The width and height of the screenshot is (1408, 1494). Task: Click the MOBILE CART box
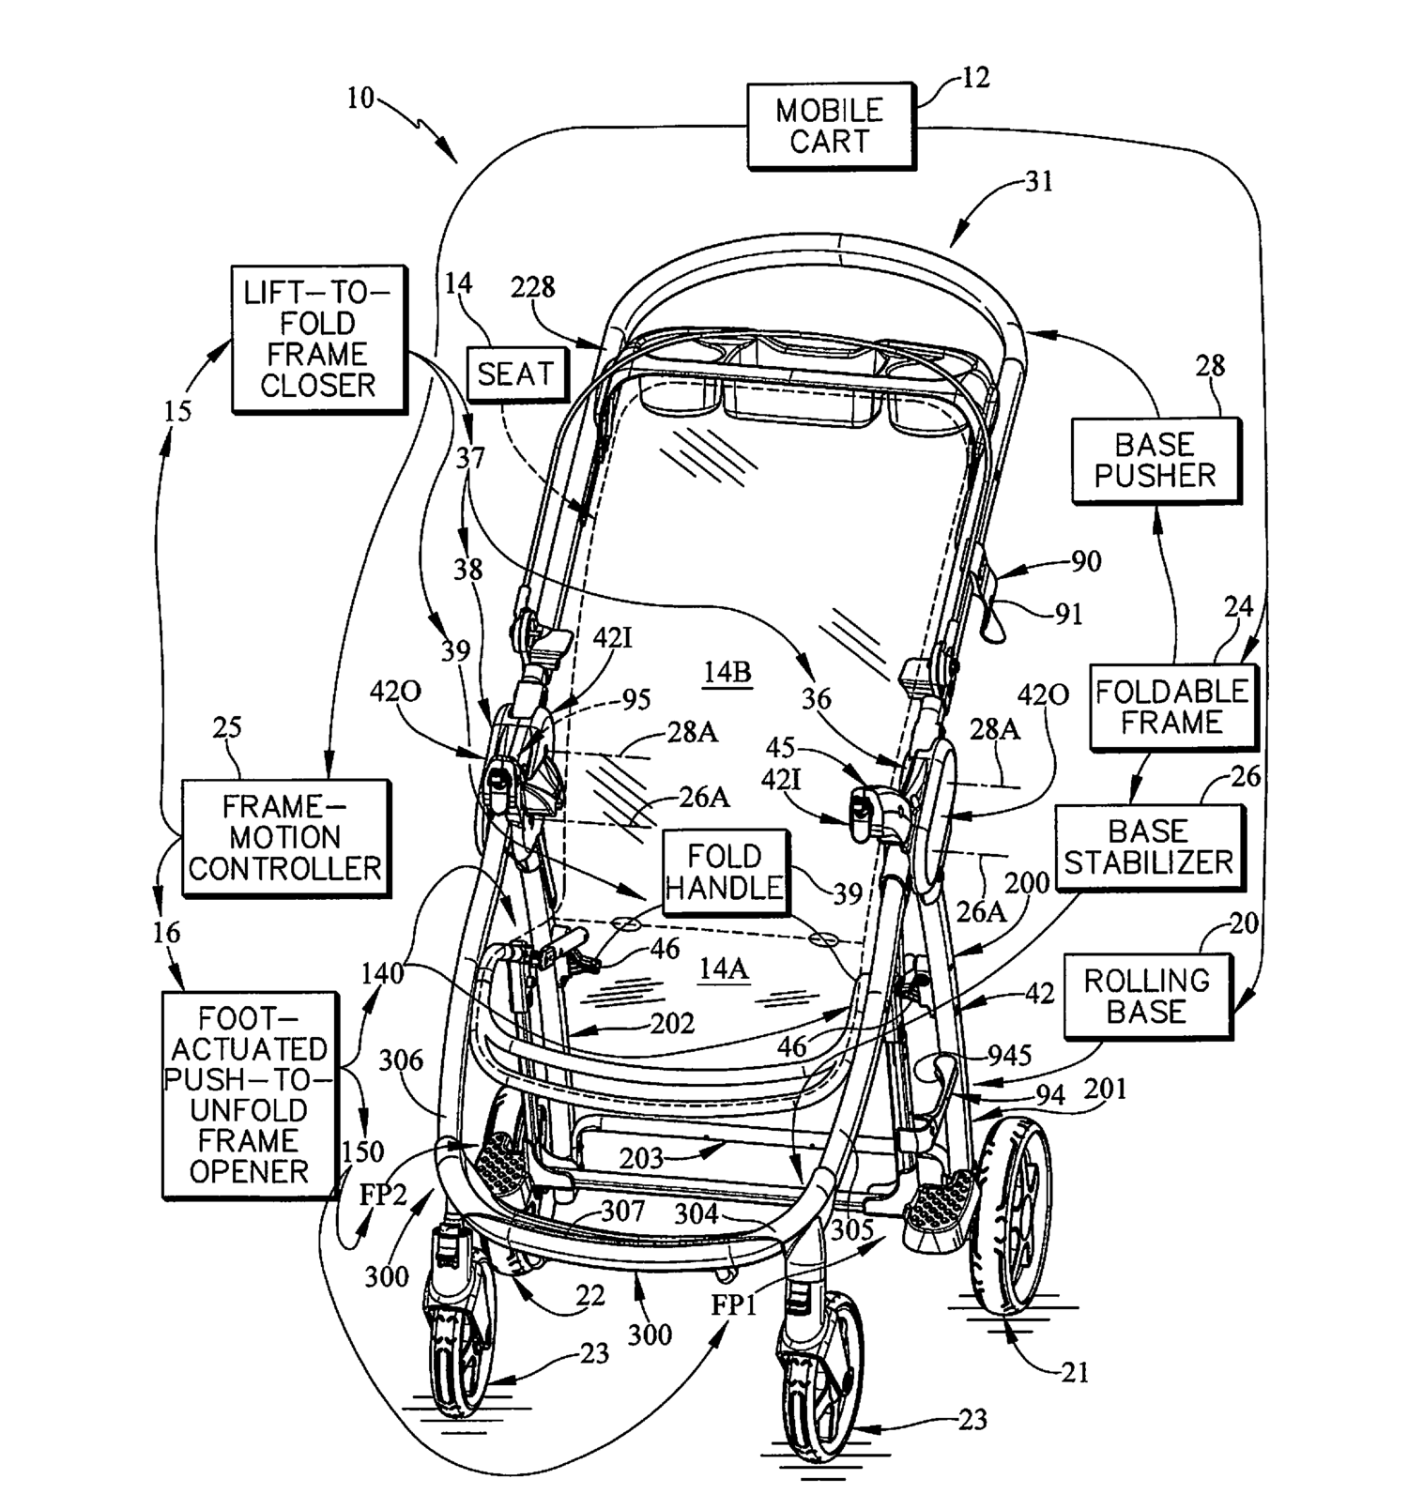830,127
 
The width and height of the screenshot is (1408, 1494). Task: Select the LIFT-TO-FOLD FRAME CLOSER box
318,339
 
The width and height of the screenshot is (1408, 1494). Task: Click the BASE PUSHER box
1155,460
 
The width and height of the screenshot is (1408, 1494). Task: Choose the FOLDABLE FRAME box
1172,707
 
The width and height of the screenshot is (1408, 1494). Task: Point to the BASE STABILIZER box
1148,846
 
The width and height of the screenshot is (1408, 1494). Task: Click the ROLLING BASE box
1147,996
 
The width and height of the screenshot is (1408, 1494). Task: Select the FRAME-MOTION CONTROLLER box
284,837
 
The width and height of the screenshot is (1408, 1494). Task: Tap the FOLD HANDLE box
724,872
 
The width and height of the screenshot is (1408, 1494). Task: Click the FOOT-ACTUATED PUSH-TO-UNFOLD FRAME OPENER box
248,1095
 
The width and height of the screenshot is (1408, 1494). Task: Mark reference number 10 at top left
360,98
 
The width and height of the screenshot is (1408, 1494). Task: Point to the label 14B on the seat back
727,673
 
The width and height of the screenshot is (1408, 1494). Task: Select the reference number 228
532,287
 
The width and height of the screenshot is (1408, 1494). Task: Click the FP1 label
734,1305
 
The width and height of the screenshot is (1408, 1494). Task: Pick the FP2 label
383,1196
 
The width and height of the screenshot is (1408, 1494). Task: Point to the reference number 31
1039,181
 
